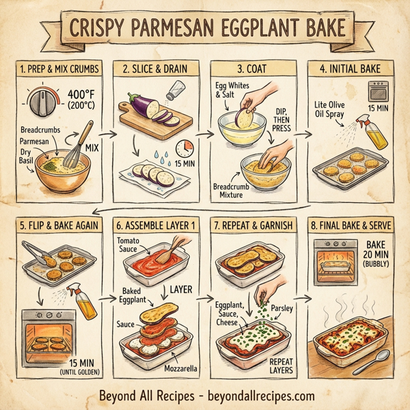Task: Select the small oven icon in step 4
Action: click(x=377, y=91)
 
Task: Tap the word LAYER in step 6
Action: click(x=183, y=290)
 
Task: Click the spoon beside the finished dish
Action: click(x=379, y=358)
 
